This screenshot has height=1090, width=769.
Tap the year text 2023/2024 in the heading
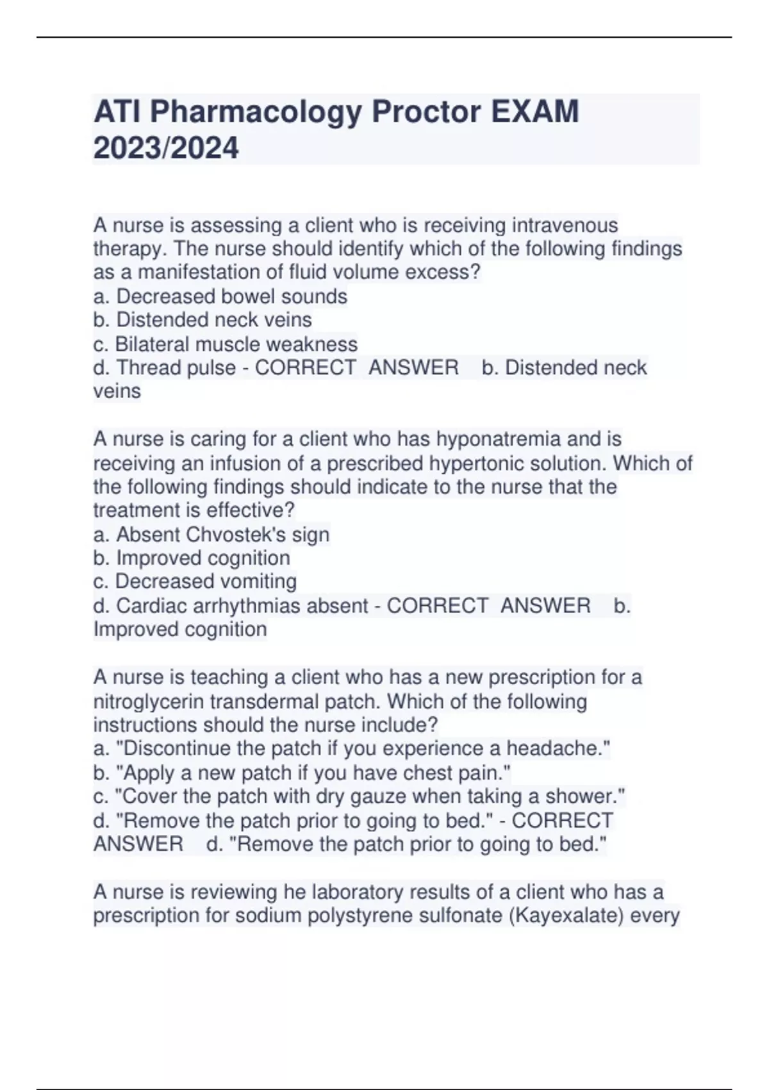[x=166, y=149]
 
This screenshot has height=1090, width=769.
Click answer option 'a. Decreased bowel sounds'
[x=220, y=296]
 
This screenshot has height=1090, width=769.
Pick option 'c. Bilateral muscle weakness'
[x=225, y=344]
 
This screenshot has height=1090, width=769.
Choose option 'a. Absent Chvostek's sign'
[x=211, y=534]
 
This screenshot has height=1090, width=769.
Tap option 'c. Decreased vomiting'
[x=195, y=582]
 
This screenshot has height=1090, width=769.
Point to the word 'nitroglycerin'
[x=156, y=701]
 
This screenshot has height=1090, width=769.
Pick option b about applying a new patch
[x=302, y=773]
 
